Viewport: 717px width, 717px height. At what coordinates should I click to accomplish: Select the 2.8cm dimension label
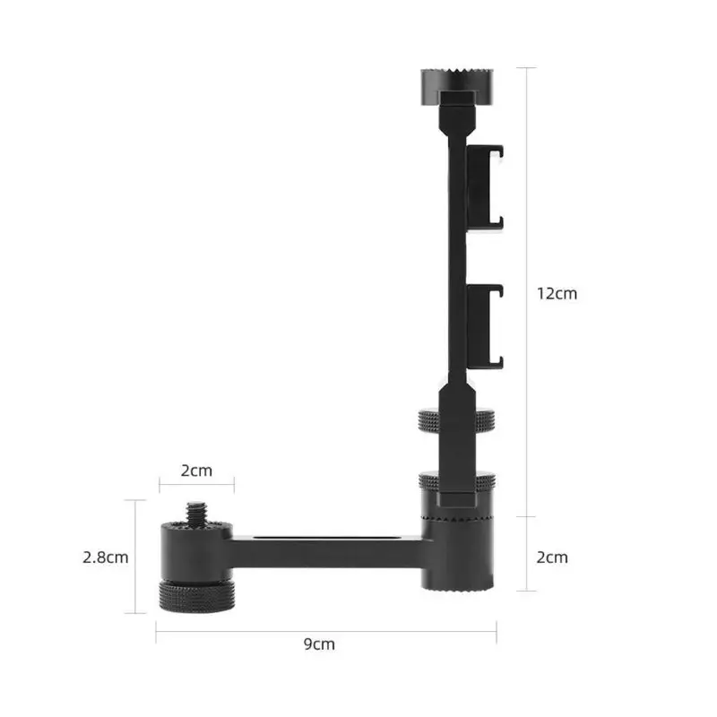pos(104,557)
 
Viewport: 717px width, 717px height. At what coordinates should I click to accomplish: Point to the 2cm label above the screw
pos(196,471)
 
